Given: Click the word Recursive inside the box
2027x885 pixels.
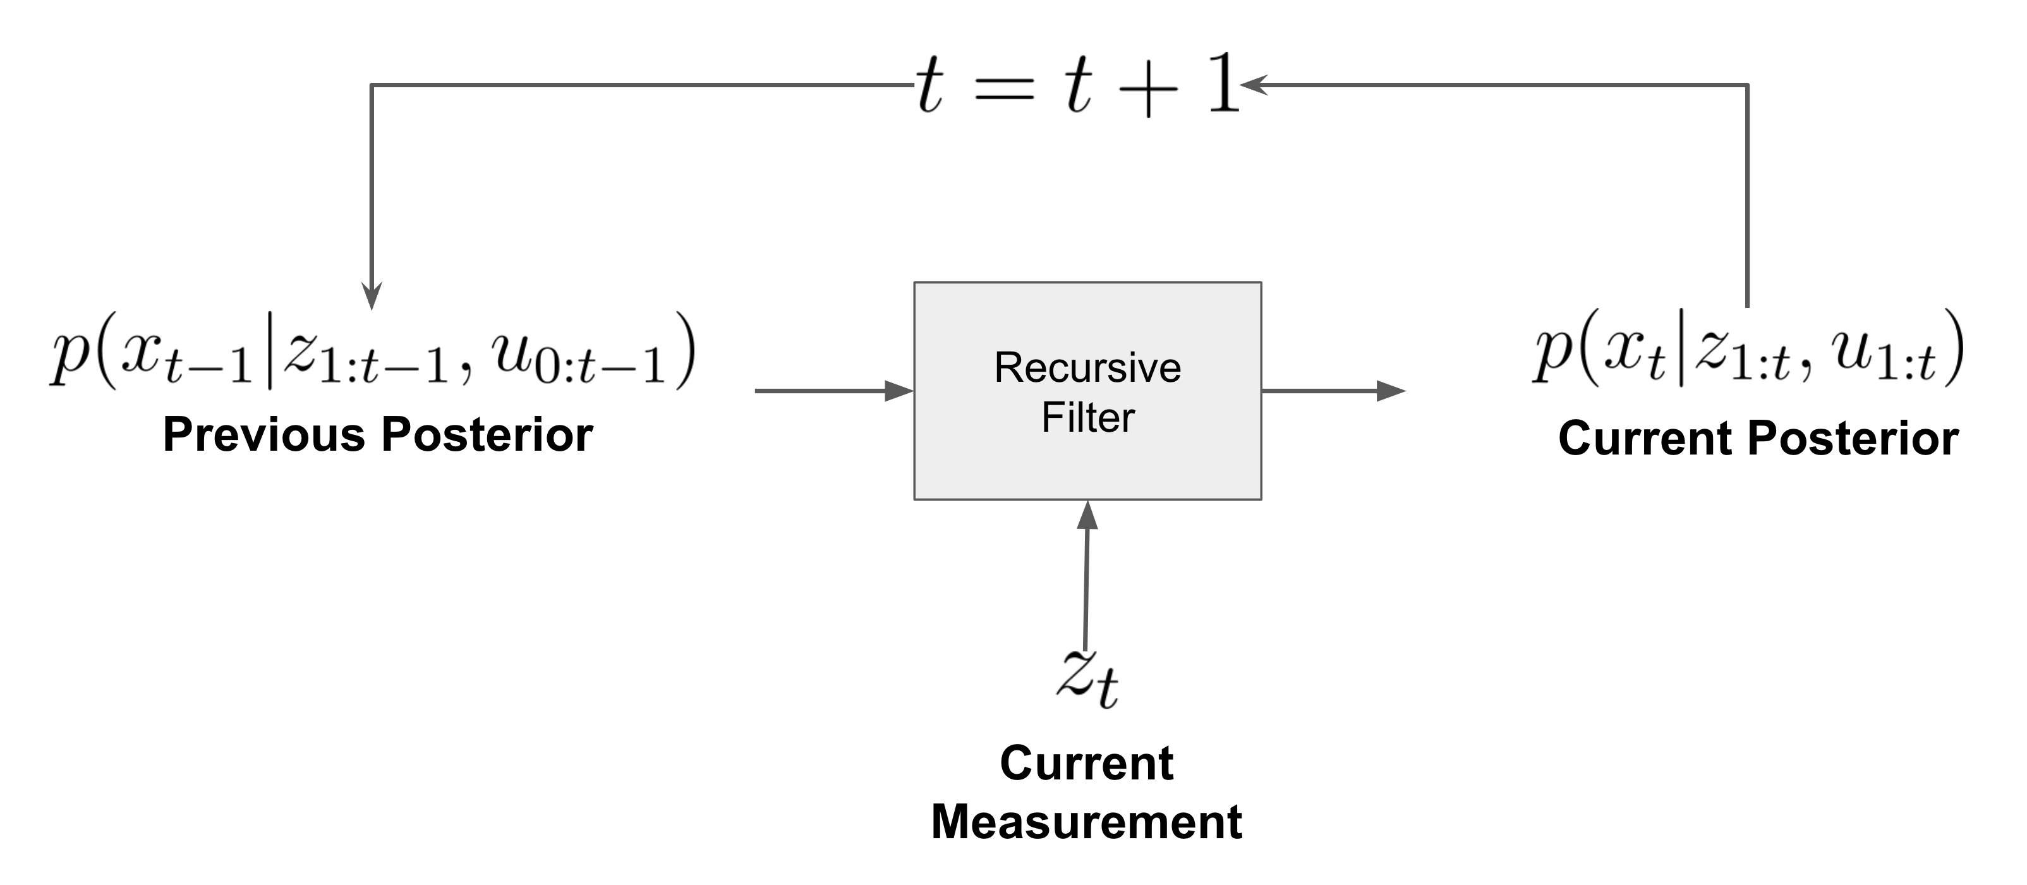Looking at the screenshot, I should pos(1087,368).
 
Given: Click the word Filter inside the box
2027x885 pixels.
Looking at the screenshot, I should pos(1087,417).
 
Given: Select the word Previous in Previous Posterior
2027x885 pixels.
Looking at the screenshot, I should pos(264,435).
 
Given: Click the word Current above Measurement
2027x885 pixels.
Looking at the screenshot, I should pos(1086,763).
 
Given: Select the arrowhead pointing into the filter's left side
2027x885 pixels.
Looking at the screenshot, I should pos(899,391).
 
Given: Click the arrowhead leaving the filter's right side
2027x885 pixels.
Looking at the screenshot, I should pos(1391,391).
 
